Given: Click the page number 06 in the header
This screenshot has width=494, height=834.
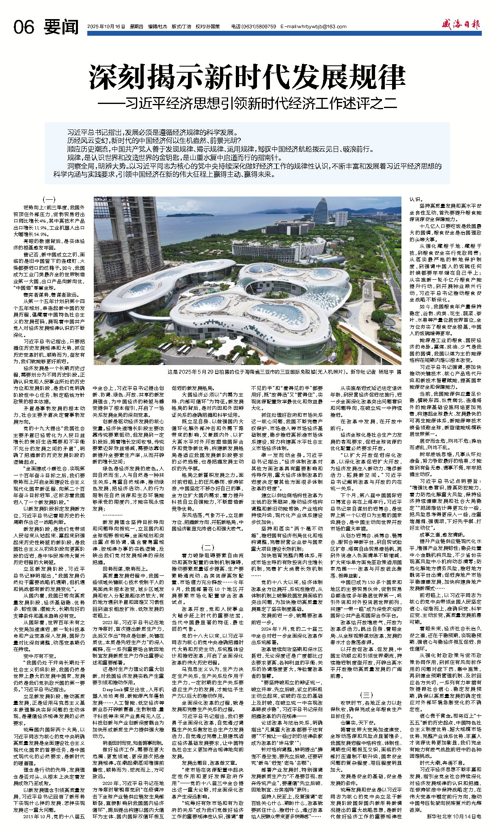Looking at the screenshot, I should point(24,28).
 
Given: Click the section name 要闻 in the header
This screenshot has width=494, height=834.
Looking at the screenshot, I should point(61,27).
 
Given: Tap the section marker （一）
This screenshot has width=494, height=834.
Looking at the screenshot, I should point(49,199).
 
